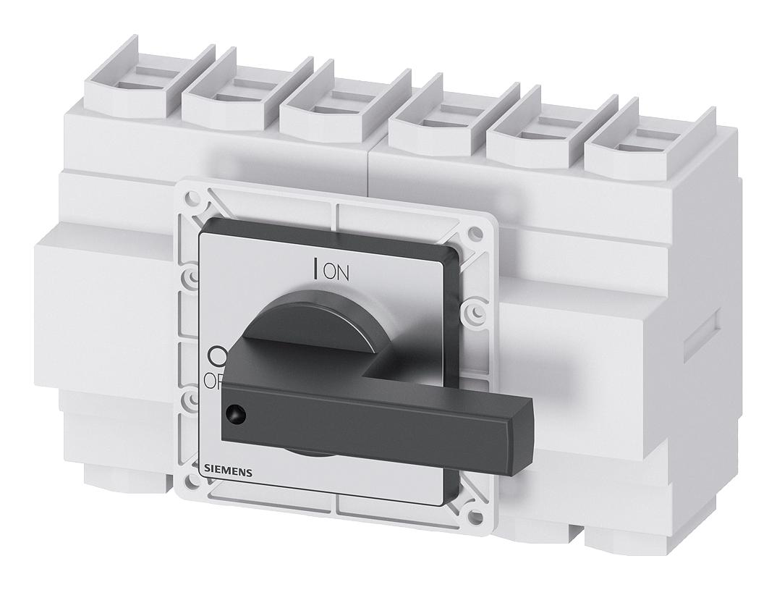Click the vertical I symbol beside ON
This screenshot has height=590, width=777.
[315, 269]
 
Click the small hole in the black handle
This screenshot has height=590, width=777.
[233, 413]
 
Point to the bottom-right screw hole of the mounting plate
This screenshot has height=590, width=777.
[472, 517]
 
